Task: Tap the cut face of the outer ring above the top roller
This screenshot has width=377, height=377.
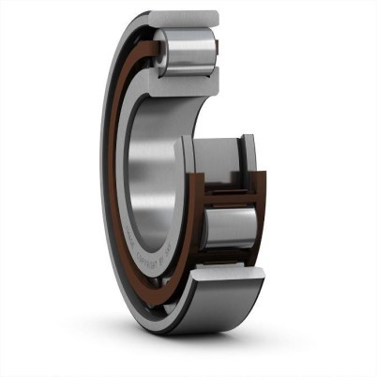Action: (187, 19)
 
